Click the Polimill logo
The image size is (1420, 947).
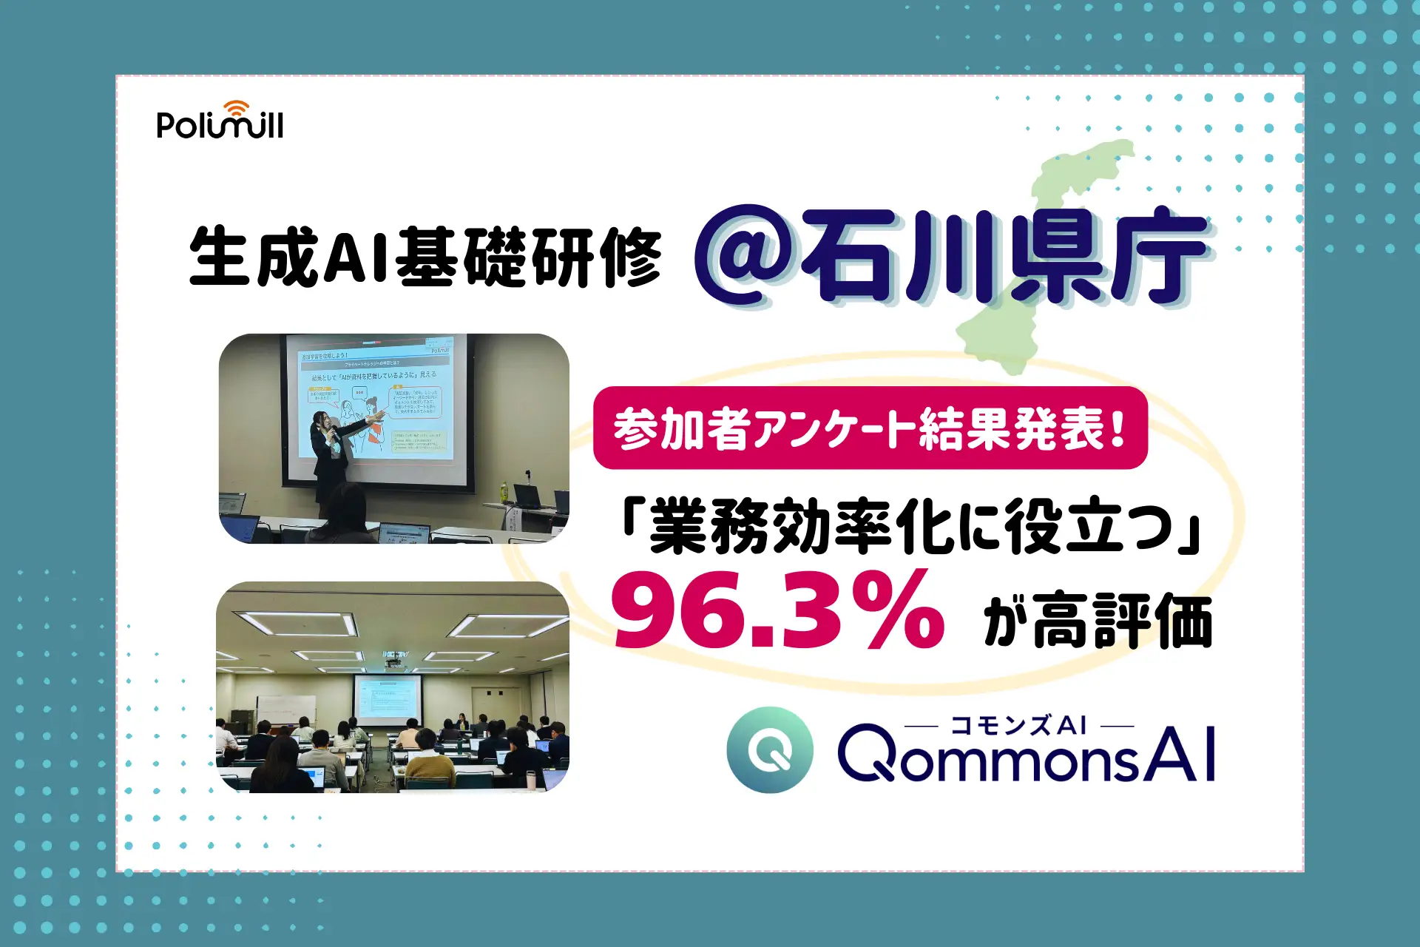coord(220,122)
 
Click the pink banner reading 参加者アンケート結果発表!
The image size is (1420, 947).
coord(870,428)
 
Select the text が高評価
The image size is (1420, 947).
coord(1098,620)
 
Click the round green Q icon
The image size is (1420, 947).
coord(770,749)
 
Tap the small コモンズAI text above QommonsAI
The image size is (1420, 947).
coord(1018,725)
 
